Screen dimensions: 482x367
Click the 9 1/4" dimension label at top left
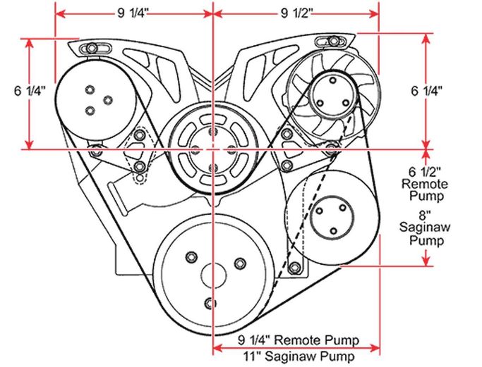(133, 13)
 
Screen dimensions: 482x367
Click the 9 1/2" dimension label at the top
(297, 13)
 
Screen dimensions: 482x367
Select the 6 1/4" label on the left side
(30, 91)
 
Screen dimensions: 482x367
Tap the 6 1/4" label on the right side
(427, 91)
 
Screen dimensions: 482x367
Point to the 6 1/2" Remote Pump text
(425, 184)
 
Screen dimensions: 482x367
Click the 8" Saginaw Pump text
(425, 228)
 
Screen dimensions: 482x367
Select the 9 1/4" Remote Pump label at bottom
(299, 340)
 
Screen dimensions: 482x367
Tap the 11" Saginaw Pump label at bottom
(299, 356)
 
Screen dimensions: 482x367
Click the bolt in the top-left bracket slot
(91, 48)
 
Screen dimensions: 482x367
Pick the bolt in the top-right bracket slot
(333, 40)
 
